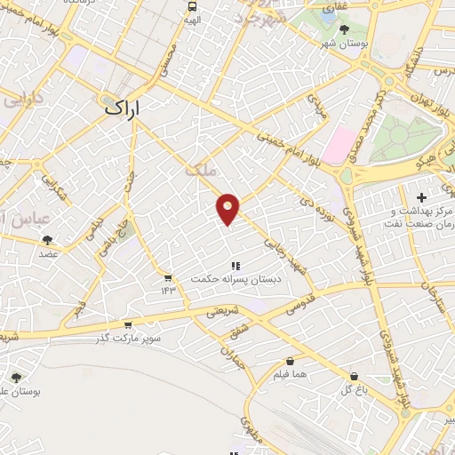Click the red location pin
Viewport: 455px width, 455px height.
229,209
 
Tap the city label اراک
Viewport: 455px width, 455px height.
124,108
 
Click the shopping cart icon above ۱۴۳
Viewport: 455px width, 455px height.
168,278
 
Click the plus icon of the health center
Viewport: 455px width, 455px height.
422,195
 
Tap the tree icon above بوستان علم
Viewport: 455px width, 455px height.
15,377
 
